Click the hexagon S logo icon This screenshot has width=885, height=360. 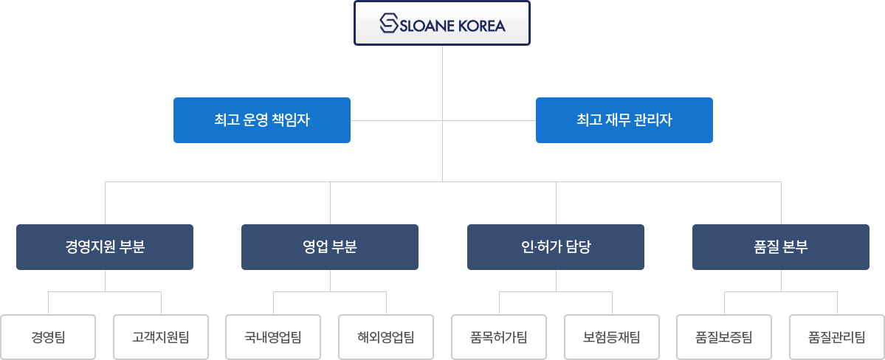tap(389, 24)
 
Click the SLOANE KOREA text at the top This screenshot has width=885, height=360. tap(452, 25)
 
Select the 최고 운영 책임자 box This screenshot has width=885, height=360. tap(261, 120)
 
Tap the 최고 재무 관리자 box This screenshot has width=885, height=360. tap(624, 120)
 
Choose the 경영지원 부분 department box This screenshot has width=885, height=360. tap(105, 246)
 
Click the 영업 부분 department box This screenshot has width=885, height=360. tap(330, 246)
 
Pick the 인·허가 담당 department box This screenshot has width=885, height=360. tap(555, 246)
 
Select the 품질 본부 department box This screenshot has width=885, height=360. tap(780, 246)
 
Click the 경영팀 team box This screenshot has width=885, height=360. tap(48, 337)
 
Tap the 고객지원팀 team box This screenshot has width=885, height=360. tap(161, 337)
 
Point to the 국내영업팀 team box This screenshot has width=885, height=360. tap(273, 337)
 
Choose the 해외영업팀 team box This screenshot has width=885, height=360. tap(386, 337)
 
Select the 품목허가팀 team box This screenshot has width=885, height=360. tap(499, 337)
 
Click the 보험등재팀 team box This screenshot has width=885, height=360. tap(611, 337)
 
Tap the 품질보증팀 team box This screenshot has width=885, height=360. tap(724, 337)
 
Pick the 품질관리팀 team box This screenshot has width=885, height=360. tap(837, 337)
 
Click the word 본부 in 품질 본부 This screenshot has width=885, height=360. tap(796, 246)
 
